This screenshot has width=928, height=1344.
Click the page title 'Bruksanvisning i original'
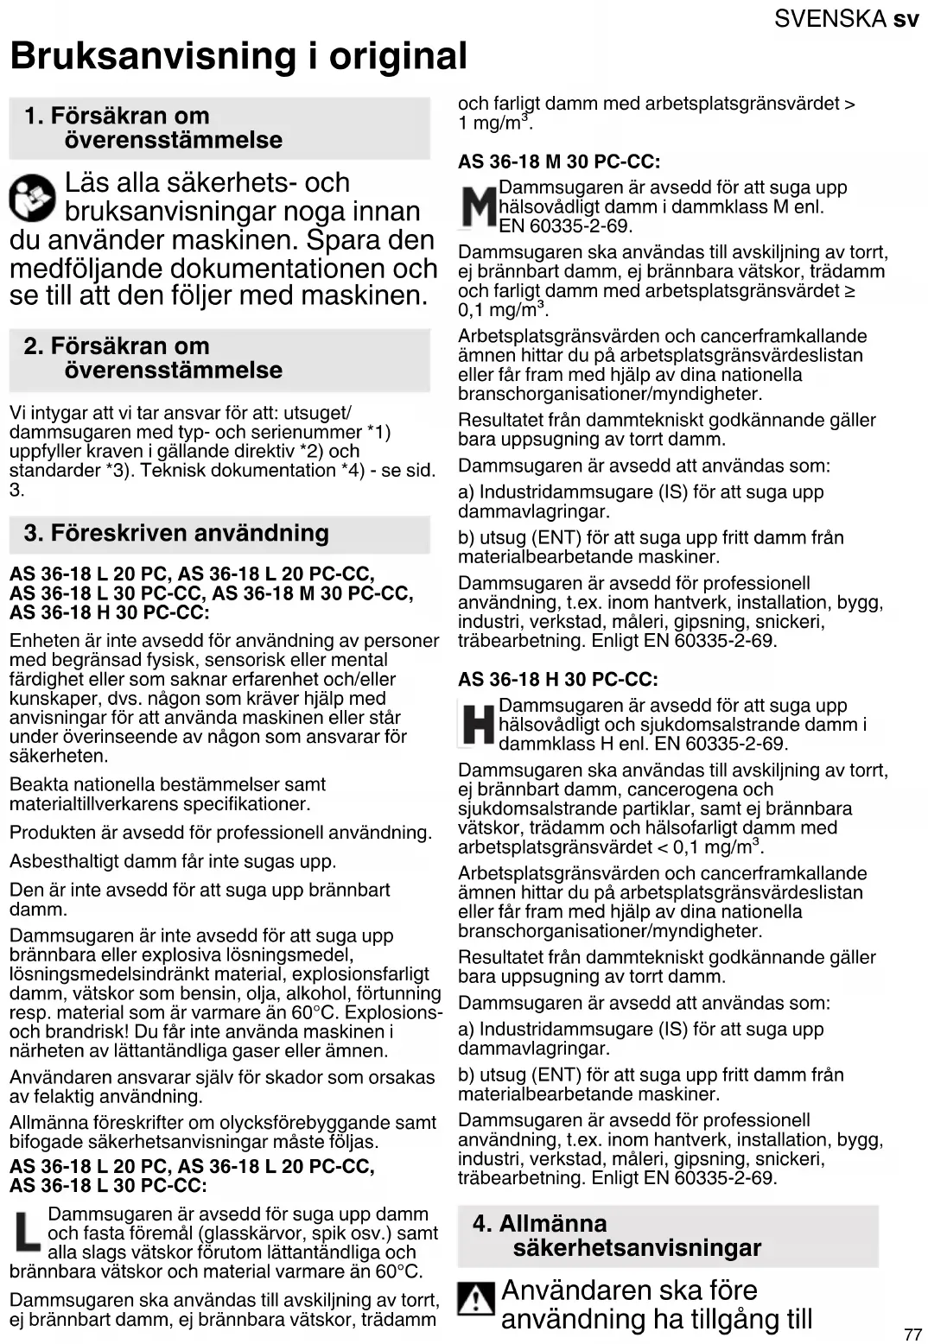238,56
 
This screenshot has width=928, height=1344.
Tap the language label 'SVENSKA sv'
846,18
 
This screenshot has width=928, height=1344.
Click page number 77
912,1334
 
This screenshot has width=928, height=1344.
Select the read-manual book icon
32,198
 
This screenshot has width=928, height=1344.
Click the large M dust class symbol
477,208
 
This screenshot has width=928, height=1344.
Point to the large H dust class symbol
477,725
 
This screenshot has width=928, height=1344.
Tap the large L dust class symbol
28,1233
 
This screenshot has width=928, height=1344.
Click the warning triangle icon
475,1299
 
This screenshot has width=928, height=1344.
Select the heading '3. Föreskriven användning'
176,533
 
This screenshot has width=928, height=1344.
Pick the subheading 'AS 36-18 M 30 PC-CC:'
559,162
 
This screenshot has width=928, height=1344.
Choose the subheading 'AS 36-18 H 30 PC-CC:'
557,680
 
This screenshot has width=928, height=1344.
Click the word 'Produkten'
49,833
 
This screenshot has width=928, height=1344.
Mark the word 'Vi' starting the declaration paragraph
18,413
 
